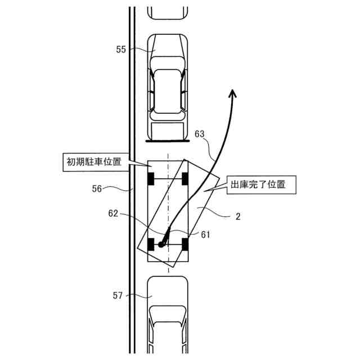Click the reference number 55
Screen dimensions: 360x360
coord(121,49)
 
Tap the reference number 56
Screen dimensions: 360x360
coord(97,189)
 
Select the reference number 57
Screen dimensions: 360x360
coord(117,294)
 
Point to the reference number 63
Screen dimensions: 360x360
coord(199,134)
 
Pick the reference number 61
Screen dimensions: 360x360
coord(205,235)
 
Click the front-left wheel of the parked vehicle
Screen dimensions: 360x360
coord(150,179)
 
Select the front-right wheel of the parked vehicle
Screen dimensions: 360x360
coord(184,179)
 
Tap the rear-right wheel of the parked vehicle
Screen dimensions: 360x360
coord(185,245)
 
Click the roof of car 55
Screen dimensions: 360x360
coord(167,90)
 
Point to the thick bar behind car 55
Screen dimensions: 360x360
coord(167,141)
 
